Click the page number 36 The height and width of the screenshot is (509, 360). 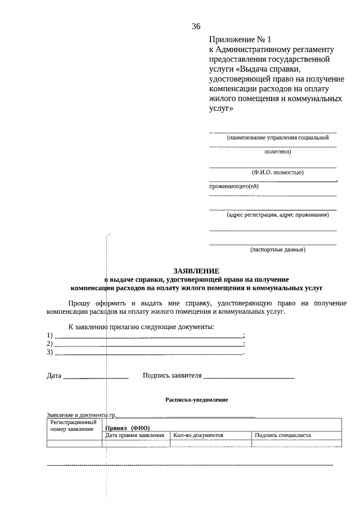[196, 26]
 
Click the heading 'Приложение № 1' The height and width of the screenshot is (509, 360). [240, 40]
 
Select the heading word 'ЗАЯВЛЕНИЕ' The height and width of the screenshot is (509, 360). [196, 271]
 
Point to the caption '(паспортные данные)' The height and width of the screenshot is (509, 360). [277, 249]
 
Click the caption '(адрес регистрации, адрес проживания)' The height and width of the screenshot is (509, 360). [277, 214]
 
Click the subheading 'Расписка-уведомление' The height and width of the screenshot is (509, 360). [196, 399]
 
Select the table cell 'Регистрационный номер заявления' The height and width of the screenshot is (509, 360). [74, 425]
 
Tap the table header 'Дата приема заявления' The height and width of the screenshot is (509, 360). [135, 435]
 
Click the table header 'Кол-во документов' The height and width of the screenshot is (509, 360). [199, 435]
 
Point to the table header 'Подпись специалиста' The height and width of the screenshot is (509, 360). [282, 435]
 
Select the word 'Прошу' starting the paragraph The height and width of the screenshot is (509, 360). [79, 303]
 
